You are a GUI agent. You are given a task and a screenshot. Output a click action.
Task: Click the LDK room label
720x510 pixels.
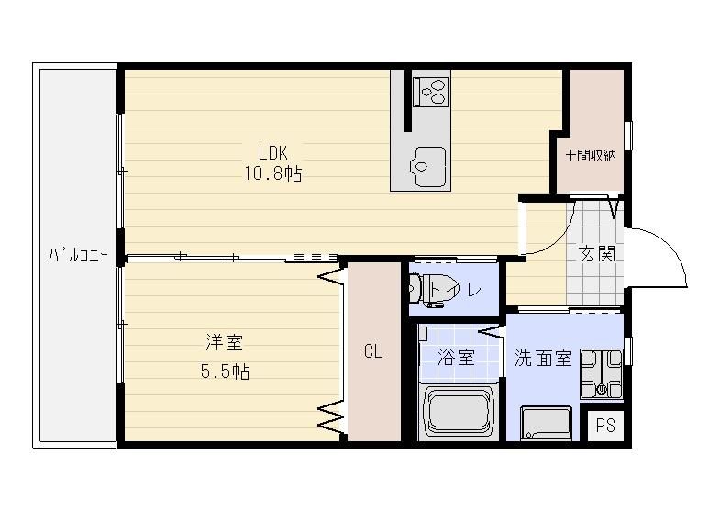272,152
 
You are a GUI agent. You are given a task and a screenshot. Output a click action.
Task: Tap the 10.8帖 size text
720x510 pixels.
272,173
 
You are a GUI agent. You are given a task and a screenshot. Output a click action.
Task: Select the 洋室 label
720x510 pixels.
224,342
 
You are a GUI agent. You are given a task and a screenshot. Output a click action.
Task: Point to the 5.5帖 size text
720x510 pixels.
225,371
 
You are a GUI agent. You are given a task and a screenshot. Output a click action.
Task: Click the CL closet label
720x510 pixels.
373,351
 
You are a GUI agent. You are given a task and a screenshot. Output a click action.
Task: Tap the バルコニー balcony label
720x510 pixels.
79,254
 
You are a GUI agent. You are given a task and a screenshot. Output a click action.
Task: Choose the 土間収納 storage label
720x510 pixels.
590,156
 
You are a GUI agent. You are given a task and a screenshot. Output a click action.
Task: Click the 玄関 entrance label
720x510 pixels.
596,253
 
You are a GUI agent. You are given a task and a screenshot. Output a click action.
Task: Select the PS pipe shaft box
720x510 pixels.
605,426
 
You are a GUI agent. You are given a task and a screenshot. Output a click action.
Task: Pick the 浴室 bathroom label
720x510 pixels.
456,357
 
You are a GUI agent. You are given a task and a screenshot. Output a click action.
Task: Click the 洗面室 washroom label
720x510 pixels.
543,358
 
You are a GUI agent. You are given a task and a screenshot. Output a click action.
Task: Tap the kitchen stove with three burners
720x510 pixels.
430,92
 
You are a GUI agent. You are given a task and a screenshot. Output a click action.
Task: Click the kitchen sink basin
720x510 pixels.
428,167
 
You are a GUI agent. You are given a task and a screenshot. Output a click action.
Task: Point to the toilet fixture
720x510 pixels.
428,290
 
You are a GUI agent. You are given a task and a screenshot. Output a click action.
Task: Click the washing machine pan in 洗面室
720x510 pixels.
602,373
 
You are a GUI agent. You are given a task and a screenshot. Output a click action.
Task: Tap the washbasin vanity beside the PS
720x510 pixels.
546,423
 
